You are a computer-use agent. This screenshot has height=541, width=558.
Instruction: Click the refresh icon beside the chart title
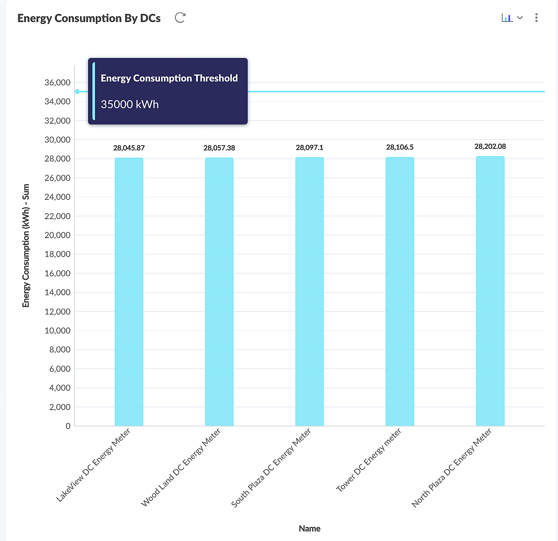pyautogui.click(x=180, y=18)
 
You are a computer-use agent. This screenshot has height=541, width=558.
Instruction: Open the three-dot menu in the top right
pyautogui.click(x=536, y=18)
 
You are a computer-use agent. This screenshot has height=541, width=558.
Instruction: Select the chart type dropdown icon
pyautogui.click(x=512, y=18)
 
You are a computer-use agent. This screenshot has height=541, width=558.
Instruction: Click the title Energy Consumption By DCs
pyautogui.click(x=89, y=18)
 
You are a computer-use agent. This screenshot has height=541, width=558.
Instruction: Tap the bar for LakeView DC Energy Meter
pyautogui.click(x=129, y=292)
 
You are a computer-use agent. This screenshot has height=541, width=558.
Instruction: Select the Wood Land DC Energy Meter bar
pyautogui.click(x=219, y=292)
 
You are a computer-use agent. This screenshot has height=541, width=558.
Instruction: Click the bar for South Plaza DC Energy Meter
pyautogui.click(x=310, y=292)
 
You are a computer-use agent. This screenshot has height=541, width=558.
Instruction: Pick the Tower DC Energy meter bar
pyautogui.click(x=400, y=292)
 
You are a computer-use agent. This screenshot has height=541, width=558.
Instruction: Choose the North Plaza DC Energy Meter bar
pyautogui.click(x=490, y=292)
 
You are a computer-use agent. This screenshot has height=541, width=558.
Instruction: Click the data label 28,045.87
pyautogui.click(x=129, y=148)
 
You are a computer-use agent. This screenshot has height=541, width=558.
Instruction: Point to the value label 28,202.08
pyautogui.click(x=490, y=146)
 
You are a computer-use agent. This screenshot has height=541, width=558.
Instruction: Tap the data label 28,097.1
pyautogui.click(x=310, y=148)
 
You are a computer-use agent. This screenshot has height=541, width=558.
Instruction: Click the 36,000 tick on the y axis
pyautogui.click(x=58, y=82)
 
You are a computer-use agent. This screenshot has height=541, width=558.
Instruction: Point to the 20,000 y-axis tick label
pyautogui.click(x=58, y=235)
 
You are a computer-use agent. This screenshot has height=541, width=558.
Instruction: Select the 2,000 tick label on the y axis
pyautogui.click(x=60, y=407)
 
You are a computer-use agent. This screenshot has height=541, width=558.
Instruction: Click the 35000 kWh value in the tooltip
pyautogui.click(x=130, y=104)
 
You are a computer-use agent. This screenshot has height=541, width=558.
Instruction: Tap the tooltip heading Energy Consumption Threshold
pyautogui.click(x=169, y=78)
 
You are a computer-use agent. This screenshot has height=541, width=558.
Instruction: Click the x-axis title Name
pyautogui.click(x=310, y=528)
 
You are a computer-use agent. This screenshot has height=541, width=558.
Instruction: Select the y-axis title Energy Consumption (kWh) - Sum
pyautogui.click(x=26, y=246)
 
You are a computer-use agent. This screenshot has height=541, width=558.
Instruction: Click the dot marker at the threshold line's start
pyautogui.click(x=77, y=92)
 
